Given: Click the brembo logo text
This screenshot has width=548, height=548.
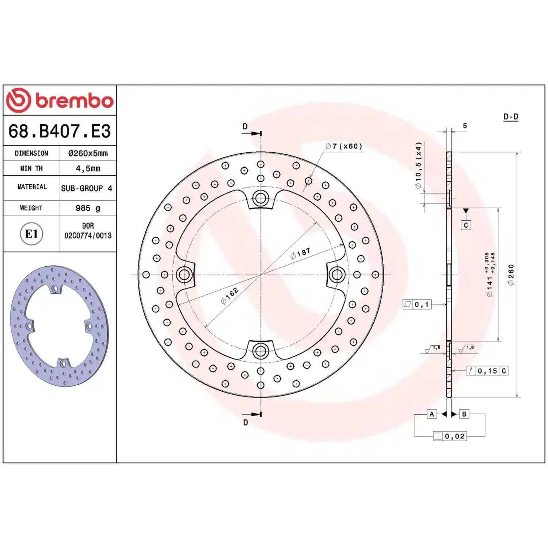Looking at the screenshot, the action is (75, 101).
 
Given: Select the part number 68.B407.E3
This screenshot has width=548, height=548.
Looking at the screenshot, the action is (60, 131).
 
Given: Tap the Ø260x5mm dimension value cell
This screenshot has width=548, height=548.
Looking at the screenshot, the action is (88, 153).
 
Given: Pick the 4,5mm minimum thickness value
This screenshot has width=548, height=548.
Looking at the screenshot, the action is (88, 168).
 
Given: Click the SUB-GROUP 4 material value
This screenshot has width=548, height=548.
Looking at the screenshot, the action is (87, 189).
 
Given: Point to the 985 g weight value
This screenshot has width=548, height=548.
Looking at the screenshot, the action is (88, 208).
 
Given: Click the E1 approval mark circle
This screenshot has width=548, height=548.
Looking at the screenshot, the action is (31, 234).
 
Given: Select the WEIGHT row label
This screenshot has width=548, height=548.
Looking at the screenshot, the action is (31, 208).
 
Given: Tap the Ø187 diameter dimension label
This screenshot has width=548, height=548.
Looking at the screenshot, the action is (300, 253).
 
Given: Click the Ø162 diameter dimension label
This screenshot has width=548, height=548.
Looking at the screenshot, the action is (229, 296).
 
